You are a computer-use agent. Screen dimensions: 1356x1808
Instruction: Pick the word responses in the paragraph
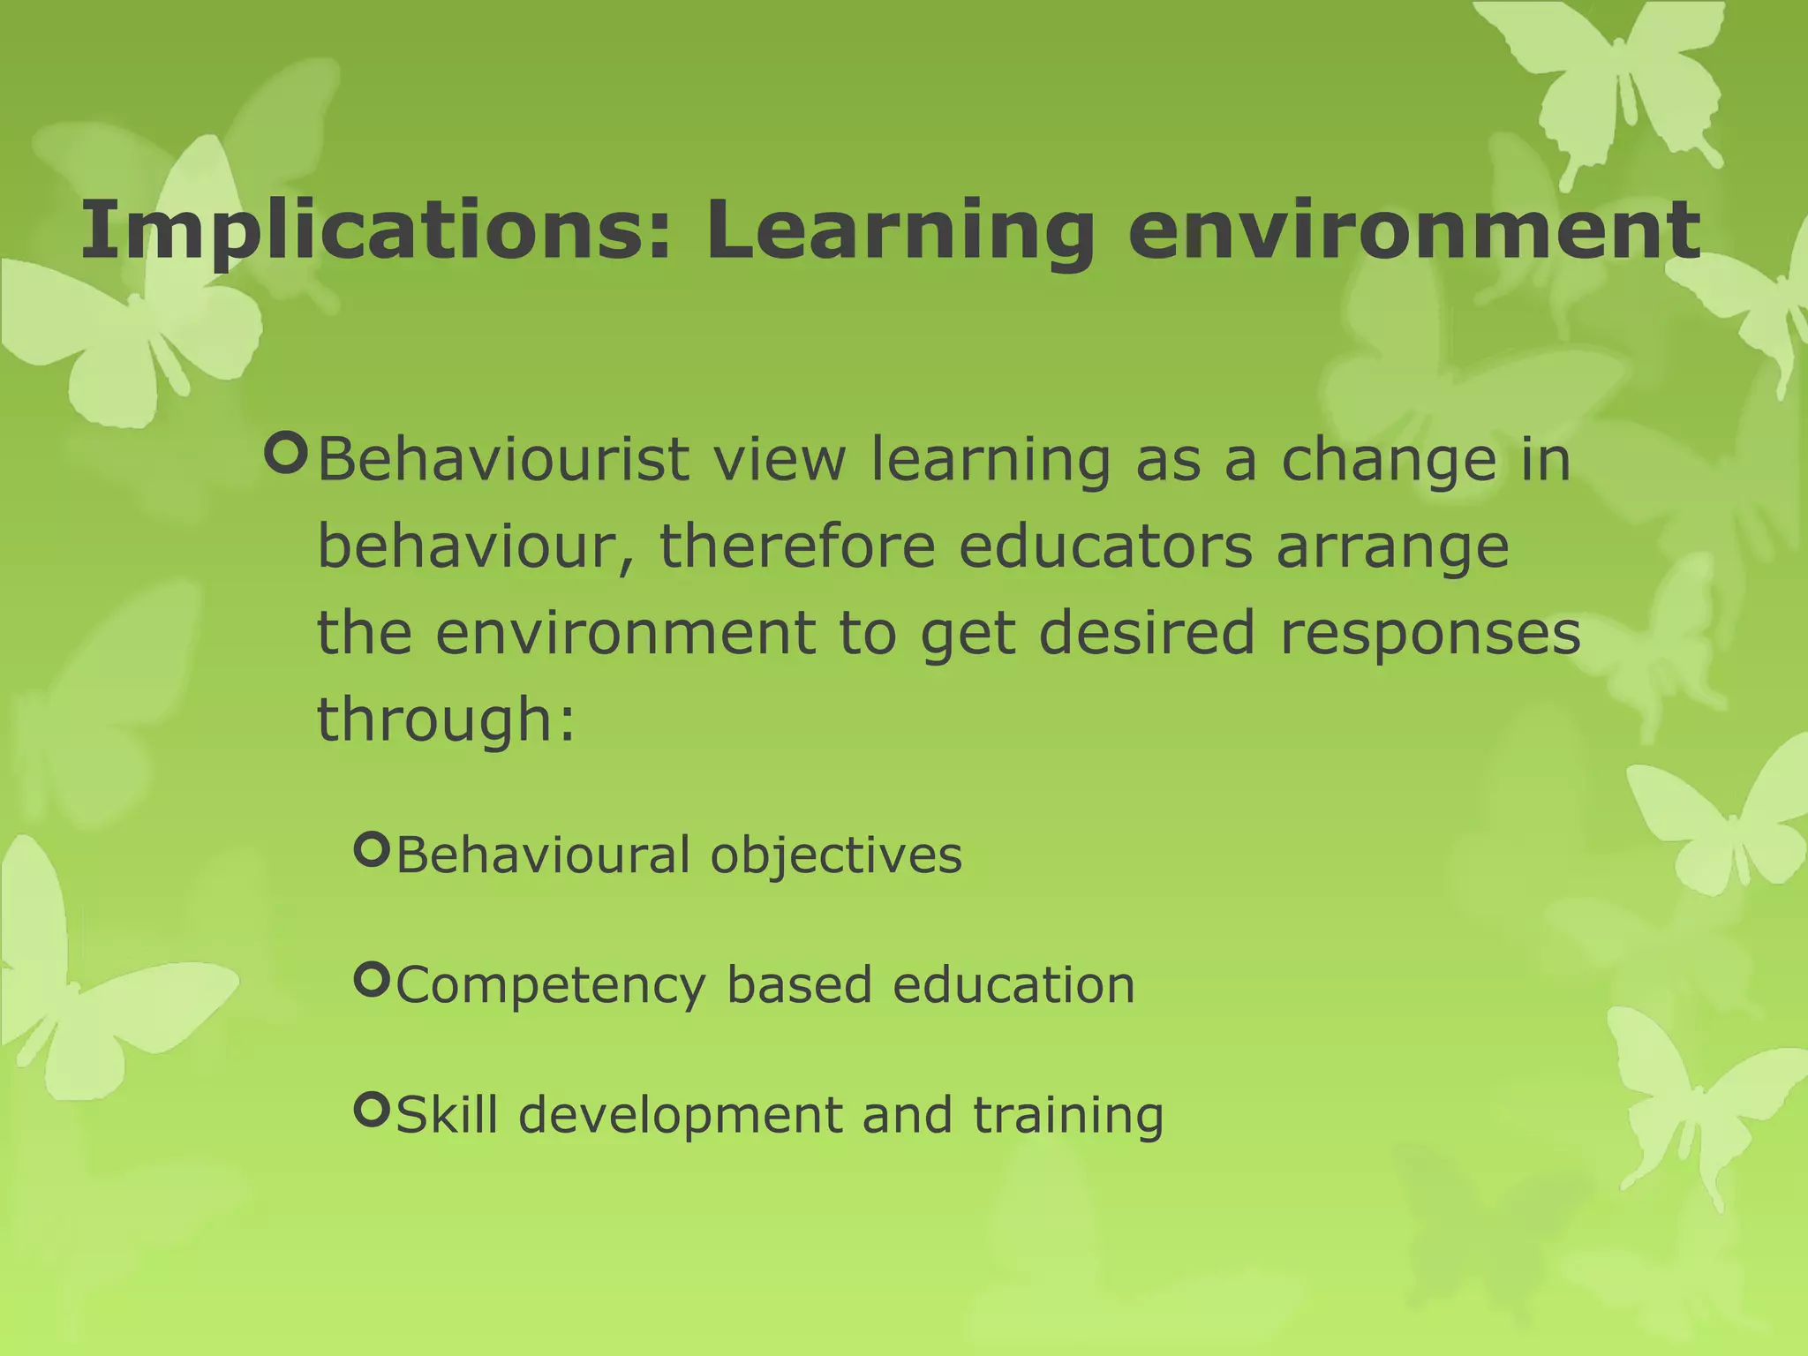click(1429, 634)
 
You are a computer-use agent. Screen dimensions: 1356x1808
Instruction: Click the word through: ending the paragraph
click(446, 719)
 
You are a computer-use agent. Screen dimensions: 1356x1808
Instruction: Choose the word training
click(1068, 1115)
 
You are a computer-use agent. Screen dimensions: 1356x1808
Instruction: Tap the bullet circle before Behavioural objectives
click(371, 849)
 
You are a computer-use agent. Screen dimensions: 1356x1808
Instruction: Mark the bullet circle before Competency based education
click(371, 979)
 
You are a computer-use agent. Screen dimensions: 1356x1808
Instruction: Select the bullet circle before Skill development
click(371, 1109)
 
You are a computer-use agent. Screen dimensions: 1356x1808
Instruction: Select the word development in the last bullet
click(680, 1116)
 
